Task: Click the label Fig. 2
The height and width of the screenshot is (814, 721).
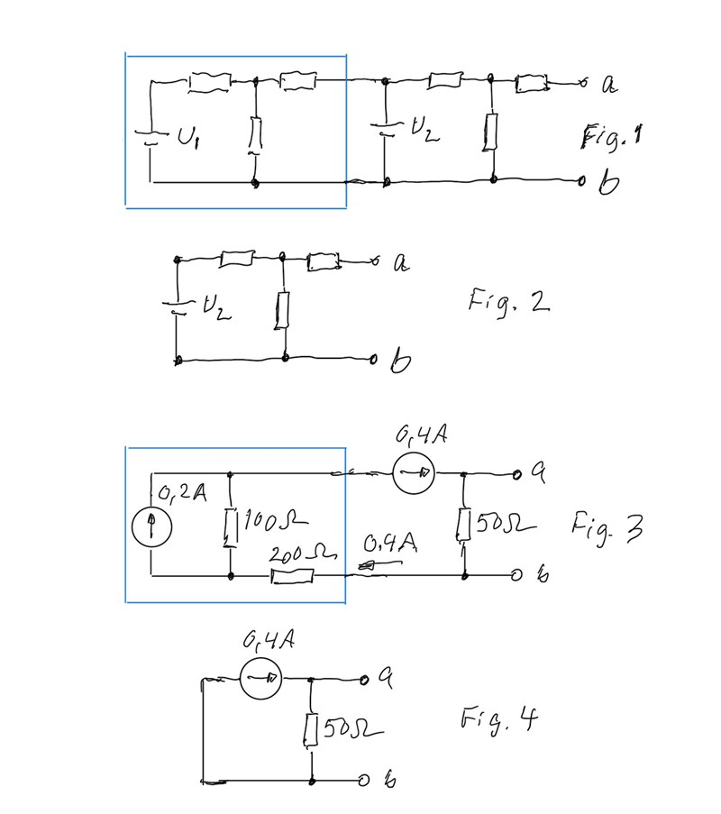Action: [507, 301]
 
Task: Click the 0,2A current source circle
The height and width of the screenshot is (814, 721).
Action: [151, 529]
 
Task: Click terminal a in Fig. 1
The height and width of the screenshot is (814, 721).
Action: [609, 84]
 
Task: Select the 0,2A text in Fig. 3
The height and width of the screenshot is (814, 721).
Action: [182, 494]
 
